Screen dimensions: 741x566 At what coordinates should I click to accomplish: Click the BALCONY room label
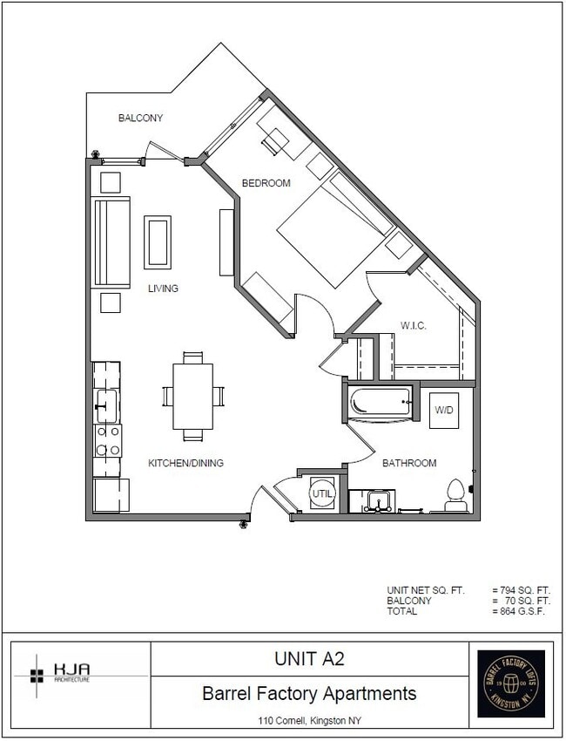140,118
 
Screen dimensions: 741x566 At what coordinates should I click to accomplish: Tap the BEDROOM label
266,183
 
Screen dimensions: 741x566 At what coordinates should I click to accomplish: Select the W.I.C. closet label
413,326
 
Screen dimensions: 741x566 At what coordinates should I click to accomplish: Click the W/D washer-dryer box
444,410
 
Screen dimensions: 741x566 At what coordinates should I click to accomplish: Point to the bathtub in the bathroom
380,404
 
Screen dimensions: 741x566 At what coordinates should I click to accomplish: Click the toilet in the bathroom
455,497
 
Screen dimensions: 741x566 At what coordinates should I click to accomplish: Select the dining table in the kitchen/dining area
192,397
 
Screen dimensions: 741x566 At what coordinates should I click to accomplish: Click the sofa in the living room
111,242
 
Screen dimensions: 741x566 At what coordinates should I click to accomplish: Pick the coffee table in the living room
158,242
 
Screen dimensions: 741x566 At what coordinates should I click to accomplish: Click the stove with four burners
107,440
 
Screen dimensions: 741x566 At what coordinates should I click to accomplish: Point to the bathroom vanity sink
378,501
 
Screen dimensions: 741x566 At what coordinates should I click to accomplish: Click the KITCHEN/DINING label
185,463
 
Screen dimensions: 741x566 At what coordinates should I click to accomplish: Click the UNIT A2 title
309,659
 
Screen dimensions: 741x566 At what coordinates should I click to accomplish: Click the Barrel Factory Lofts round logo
511,684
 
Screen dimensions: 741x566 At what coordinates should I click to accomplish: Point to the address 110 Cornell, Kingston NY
309,721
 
